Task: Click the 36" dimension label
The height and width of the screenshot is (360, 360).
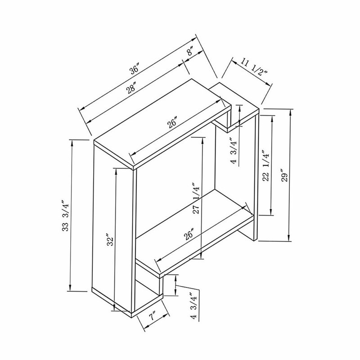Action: [135, 70]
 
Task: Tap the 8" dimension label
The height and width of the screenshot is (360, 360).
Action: [190, 51]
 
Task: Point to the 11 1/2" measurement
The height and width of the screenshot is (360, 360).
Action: [254, 66]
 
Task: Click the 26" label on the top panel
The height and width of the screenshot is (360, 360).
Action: [173, 122]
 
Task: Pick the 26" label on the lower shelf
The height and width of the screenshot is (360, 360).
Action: [189, 234]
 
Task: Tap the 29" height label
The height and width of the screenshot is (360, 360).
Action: [285, 175]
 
